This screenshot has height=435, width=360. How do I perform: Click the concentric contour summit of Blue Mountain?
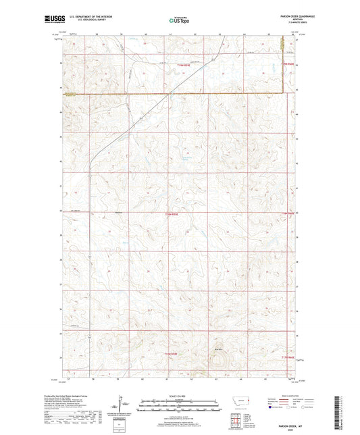tap(218, 361)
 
